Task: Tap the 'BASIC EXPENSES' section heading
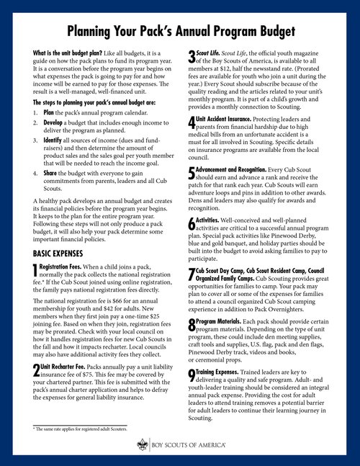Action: coord(62,254)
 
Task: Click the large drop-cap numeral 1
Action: coord(37,272)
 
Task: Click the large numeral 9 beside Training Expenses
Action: coord(190,375)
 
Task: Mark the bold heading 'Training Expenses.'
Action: coord(222,372)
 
